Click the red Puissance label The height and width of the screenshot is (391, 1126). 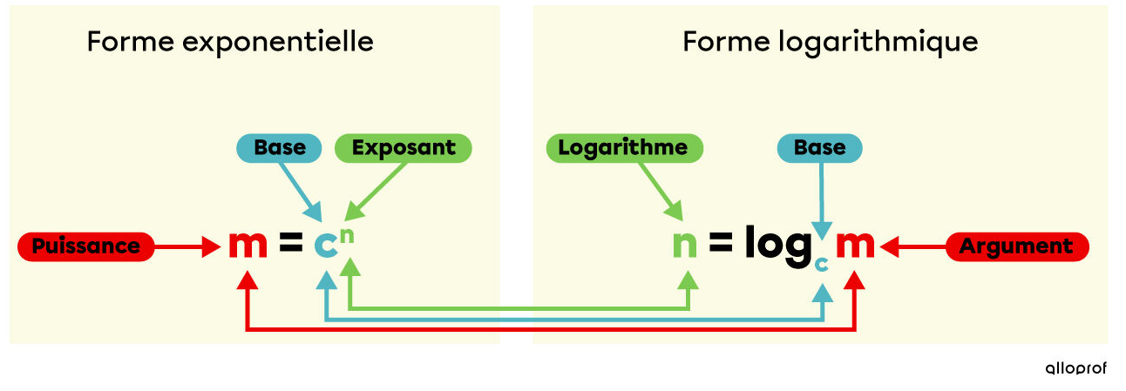85,247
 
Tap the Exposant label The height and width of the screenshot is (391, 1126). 404,148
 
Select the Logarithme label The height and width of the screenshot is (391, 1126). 623,148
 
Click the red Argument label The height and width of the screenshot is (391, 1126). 1017,247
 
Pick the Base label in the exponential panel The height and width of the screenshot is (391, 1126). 280,148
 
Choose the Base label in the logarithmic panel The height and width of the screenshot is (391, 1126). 819,148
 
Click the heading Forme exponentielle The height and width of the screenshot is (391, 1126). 230,42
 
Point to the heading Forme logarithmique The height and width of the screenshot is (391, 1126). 830,42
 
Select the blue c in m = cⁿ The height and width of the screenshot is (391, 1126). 325,247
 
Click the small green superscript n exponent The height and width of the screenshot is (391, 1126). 348,232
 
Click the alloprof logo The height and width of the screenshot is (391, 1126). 1075,368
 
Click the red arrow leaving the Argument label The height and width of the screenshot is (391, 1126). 914,247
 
